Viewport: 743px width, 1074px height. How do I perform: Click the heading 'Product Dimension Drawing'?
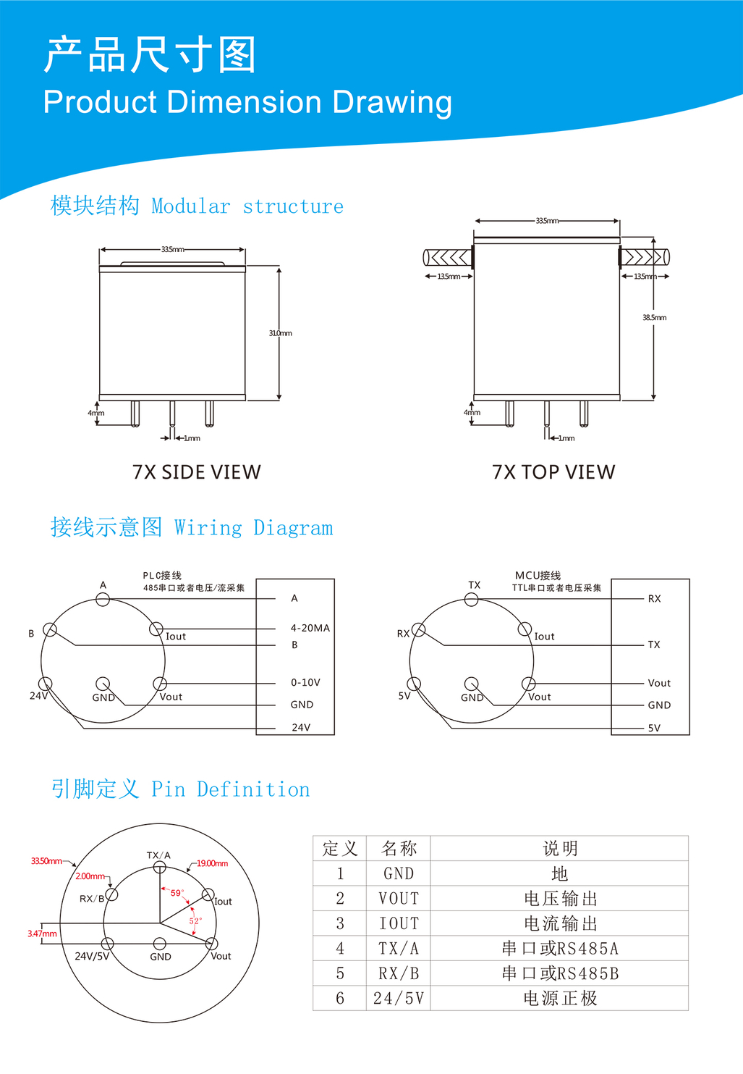(247, 102)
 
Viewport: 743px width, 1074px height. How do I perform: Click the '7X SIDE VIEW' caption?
(196, 472)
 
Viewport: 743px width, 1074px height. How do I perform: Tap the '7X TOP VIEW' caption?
(553, 472)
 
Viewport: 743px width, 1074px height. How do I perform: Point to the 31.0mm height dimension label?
(281, 333)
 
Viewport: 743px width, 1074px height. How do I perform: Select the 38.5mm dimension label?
(655, 317)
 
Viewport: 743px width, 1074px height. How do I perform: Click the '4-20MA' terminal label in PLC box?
(310, 628)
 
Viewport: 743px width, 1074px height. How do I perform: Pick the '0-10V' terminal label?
(305, 682)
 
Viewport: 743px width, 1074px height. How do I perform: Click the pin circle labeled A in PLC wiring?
(103, 600)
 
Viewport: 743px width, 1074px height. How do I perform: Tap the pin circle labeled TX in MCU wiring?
(472, 599)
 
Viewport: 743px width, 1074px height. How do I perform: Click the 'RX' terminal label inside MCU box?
(655, 598)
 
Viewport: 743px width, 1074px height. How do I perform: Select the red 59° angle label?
(177, 893)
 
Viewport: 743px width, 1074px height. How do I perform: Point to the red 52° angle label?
(195, 921)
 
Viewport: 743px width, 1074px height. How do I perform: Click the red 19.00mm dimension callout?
(212, 863)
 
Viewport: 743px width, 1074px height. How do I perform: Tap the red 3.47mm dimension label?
(42, 934)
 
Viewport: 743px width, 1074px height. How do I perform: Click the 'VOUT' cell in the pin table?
(399, 899)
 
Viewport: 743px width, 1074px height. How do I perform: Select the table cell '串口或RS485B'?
(560, 973)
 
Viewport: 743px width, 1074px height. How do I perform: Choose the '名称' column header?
(399, 849)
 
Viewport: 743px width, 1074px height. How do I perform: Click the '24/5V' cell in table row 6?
(399, 999)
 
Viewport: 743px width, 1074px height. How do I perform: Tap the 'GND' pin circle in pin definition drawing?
(160, 944)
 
